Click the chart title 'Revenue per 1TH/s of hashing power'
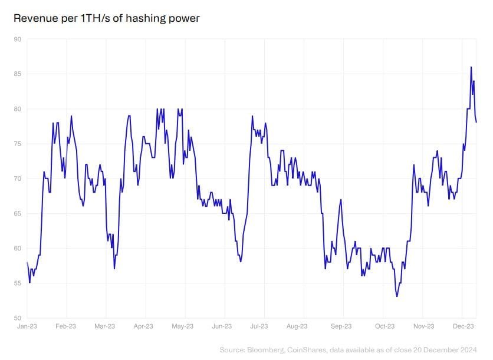pos(107,18)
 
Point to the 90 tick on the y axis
pos(18,39)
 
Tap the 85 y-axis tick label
pos(18,74)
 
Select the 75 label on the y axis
pos(18,144)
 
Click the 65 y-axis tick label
pos(18,213)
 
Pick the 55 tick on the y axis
pos(18,283)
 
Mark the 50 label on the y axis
pos(18,318)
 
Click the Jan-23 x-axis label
pos(27,326)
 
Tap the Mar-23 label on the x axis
pos(105,326)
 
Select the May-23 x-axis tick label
pos(182,326)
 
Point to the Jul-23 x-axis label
pos(259,326)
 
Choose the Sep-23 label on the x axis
pos(341,326)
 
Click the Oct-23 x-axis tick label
pos(384,326)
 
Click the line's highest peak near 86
pos(471,67)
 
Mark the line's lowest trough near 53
pos(397,296)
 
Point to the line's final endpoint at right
pos(476,122)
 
